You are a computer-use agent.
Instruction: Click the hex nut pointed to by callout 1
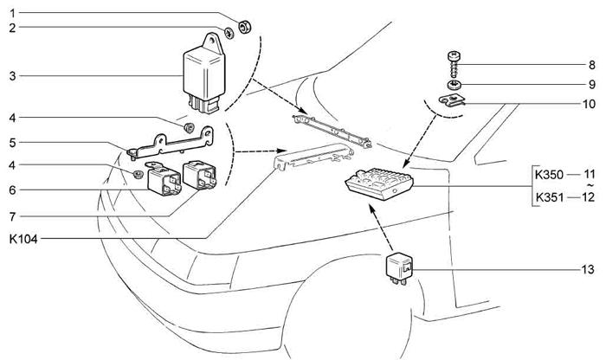click(x=245, y=27)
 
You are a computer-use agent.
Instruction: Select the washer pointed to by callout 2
click(x=229, y=33)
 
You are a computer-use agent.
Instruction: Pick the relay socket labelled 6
click(x=164, y=179)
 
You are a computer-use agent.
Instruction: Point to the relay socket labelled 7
click(x=199, y=175)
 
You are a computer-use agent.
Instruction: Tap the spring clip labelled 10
click(x=453, y=102)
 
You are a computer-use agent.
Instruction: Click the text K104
click(x=23, y=239)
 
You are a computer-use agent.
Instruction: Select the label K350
click(x=549, y=175)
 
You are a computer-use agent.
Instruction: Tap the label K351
click(x=549, y=198)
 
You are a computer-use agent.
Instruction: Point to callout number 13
click(x=588, y=269)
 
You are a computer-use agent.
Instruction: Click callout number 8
click(x=591, y=65)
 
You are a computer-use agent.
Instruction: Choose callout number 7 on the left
click(x=12, y=216)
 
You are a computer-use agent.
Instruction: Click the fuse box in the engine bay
click(x=379, y=183)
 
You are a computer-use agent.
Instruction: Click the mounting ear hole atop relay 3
click(x=211, y=40)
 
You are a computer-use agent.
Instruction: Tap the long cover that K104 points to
click(x=313, y=156)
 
